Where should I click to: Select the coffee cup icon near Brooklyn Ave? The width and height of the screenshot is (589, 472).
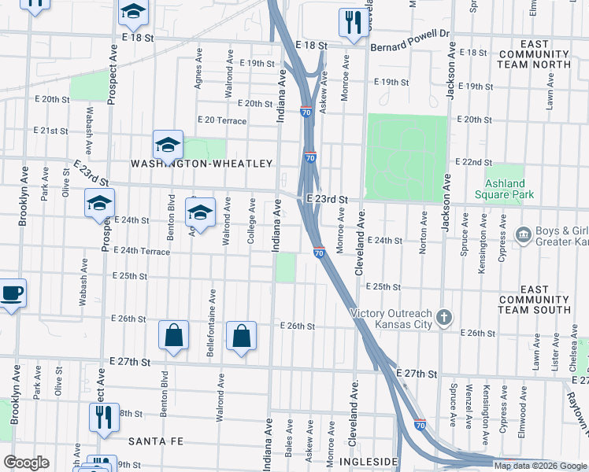pos(11,293)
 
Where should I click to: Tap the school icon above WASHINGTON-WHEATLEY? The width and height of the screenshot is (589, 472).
pos(168,145)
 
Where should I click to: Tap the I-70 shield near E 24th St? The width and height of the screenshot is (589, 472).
pos(319,253)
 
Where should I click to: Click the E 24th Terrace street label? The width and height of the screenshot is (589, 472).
pos(142,250)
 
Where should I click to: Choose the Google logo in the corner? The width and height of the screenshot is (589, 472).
pos(26,463)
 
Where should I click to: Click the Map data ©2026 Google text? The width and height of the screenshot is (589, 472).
pos(540,466)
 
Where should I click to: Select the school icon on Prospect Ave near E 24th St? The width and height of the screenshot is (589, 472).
pos(100,204)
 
